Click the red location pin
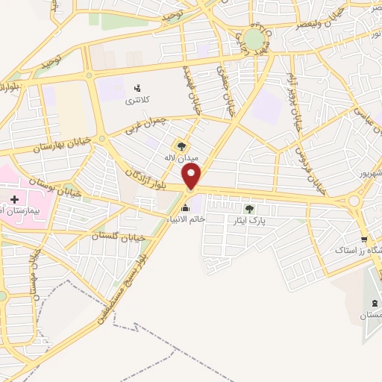192,176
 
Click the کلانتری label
136,100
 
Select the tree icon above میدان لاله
180,146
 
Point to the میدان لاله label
179,158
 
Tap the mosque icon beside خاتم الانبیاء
186,207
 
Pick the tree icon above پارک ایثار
249,209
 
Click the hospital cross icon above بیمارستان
15,199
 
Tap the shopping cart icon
364,239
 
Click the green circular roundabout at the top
254,39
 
